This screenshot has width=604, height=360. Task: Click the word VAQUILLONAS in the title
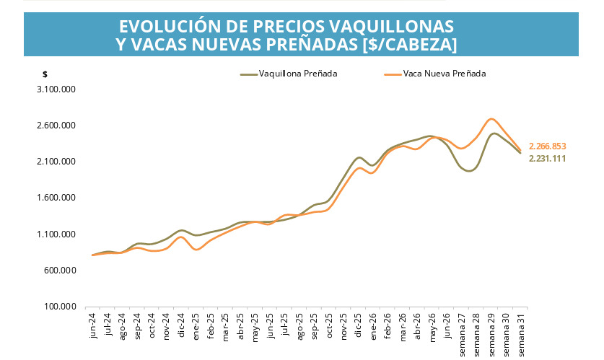click(x=391, y=26)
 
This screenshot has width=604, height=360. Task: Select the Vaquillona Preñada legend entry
click(x=289, y=74)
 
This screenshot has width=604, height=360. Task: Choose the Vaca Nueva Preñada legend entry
click(x=435, y=74)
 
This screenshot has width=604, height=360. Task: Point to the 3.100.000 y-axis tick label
click(x=56, y=89)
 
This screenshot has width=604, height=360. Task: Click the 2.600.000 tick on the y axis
click(x=56, y=126)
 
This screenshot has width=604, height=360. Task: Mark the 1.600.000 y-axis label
click(x=56, y=198)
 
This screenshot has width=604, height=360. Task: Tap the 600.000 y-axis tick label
click(x=60, y=271)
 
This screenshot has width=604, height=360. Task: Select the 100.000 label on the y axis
click(x=60, y=307)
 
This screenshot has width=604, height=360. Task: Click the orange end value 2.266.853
click(x=548, y=146)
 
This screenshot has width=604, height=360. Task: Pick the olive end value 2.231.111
click(x=548, y=159)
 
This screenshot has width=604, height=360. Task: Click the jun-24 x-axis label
click(x=92, y=326)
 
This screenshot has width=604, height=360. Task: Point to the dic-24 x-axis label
click(x=181, y=326)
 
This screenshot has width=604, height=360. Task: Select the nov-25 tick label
click(x=343, y=327)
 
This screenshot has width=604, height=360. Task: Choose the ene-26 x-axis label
click(x=373, y=327)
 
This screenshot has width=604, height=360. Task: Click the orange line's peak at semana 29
click(x=491, y=119)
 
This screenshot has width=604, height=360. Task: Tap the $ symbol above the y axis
click(x=45, y=74)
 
